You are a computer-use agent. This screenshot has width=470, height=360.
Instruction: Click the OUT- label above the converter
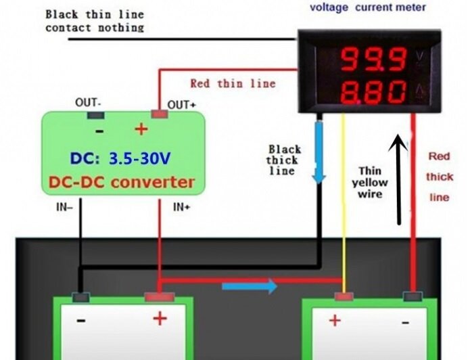pos(88,103)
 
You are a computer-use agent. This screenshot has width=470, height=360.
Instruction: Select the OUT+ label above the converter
pos(182,104)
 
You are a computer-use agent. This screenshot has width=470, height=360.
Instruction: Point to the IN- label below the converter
pos(64,207)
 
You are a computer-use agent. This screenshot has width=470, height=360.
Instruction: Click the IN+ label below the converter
pos(182,207)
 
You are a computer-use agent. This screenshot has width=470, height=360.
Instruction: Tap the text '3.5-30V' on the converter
pos(141,159)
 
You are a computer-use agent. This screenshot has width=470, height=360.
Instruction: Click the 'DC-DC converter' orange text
pos(122,182)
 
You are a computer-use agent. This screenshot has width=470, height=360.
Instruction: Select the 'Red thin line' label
pos(233,83)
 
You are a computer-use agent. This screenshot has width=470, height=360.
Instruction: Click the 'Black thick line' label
pos(283,160)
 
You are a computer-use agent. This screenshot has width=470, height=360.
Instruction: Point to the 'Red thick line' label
pos(439,177)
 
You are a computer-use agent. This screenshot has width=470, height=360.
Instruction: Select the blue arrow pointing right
pos(250,286)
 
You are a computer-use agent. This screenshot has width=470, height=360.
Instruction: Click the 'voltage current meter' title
pos(367,8)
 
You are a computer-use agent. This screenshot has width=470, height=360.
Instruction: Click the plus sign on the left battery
pos(160,319)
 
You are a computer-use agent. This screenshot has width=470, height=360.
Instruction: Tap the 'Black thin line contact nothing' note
pos(94,20)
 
